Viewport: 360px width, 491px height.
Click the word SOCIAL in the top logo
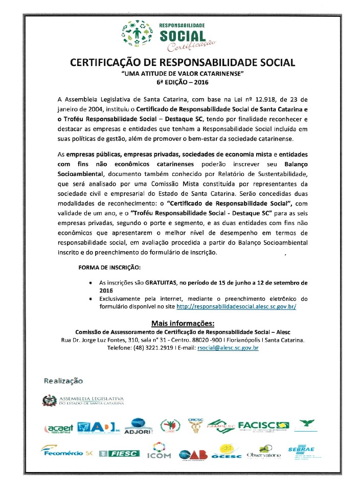point(183,36)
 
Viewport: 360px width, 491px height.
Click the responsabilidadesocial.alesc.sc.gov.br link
point(236,306)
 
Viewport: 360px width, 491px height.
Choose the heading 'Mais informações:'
point(183,323)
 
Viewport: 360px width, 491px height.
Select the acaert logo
point(59,427)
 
